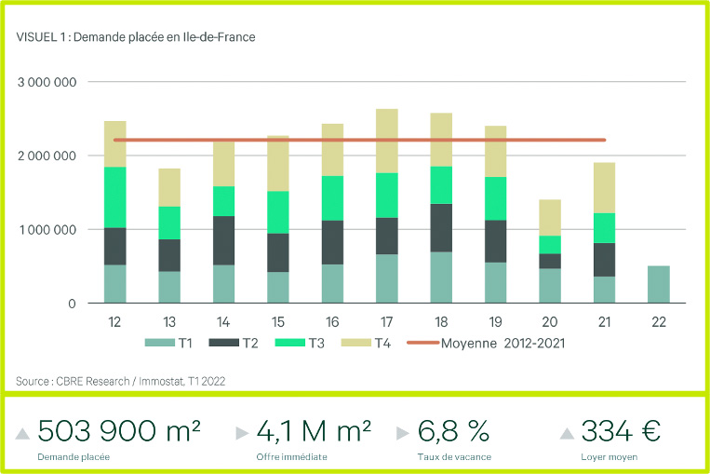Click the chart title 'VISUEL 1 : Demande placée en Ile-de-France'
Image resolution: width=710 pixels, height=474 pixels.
pos(135,37)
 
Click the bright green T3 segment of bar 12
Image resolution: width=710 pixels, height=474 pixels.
pos(115,196)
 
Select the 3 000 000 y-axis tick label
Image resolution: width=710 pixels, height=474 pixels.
pos(47,82)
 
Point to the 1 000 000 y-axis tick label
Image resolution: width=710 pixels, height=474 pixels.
pos(47,229)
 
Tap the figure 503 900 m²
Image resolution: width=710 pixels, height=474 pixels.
pos(119,430)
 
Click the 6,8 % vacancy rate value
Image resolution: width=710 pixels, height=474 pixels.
pos(453,430)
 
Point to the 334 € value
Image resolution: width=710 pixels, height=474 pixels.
pos(621,430)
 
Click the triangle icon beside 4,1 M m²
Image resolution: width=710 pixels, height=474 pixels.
pos(242,433)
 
